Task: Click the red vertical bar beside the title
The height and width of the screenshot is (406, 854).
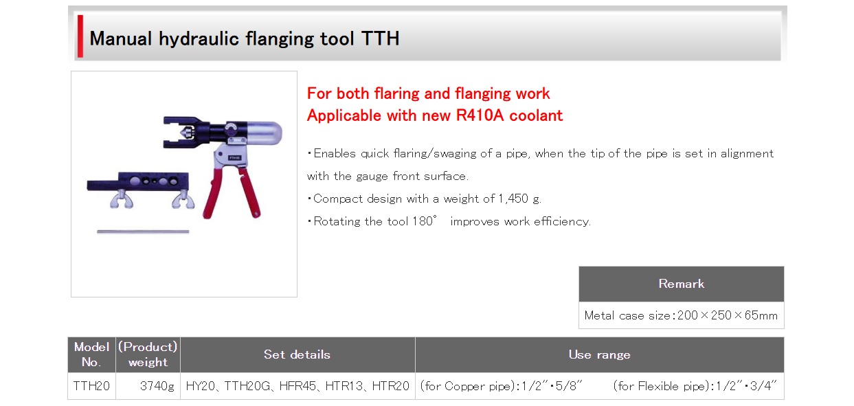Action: coord(80,36)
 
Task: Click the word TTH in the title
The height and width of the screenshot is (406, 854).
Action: coord(380,38)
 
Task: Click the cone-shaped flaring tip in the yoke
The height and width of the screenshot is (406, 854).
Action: coord(186,133)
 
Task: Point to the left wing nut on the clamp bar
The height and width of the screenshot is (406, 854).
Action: coord(122,199)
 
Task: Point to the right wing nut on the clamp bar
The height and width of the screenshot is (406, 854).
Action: coord(183,199)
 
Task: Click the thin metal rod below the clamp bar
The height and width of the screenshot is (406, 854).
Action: coord(143,232)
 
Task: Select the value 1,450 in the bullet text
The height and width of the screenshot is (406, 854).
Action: coord(513,199)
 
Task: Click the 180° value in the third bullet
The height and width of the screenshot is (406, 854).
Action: coord(425,221)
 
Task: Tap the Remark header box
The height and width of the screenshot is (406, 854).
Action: coord(682,284)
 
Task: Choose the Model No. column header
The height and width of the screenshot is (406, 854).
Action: coord(91,354)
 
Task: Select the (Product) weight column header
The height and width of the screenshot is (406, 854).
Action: coord(148,354)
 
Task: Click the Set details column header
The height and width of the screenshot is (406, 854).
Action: coord(297,354)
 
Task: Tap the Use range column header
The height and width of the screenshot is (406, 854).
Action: coord(600,354)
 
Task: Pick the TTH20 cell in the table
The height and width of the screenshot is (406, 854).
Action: coord(91,386)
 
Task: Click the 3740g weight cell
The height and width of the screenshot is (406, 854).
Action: coord(157,386)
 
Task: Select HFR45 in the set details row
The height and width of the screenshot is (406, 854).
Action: coord(297,386)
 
